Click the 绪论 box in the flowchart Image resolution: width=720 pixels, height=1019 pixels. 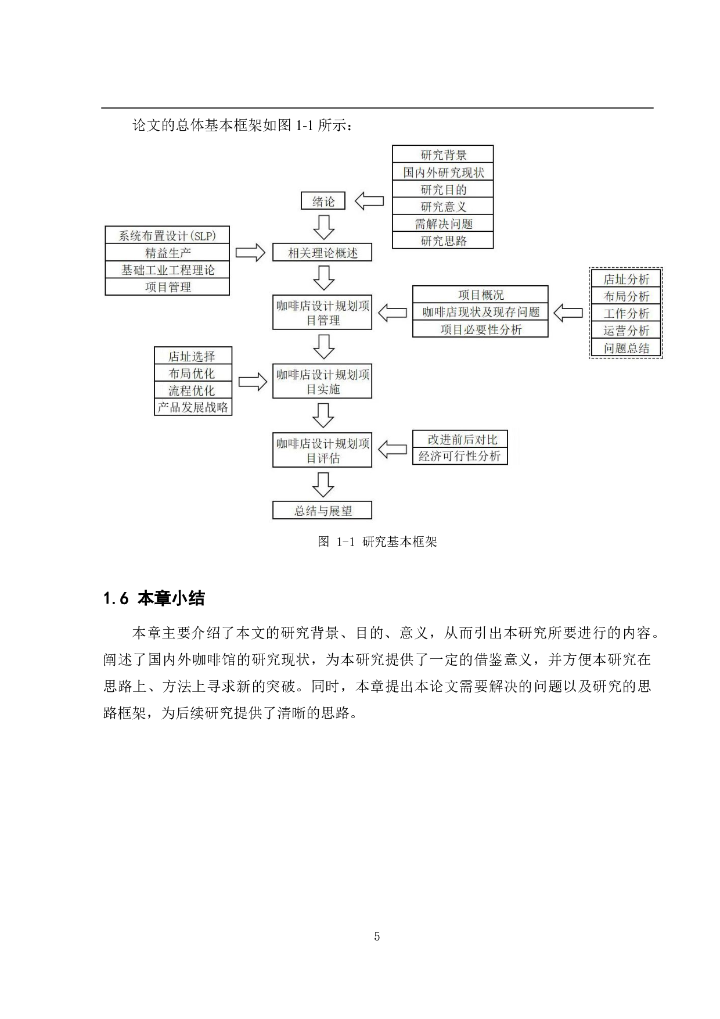click(x=323, y=201)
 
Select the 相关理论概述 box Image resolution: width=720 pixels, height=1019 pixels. click(x=322, y=253)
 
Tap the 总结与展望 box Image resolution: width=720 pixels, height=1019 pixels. click(x=322, y=511)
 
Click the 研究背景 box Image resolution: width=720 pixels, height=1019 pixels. click(x=443, y=155)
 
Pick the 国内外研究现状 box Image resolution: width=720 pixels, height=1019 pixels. click(x=443, y=172)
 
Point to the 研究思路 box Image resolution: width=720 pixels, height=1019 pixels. click(x=443, y=241)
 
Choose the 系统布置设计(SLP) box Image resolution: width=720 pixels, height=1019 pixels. click(x=167, y=235)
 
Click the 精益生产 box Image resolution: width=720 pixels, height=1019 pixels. click(x=167, y=253)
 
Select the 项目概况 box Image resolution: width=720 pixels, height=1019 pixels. click(x=480, y=295)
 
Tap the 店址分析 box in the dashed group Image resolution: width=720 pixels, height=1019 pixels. click(x=626, y=279)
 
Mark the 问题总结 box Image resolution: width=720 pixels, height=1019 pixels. click(x=626, y=348)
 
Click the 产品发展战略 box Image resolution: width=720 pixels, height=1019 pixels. click(x=193, y=407)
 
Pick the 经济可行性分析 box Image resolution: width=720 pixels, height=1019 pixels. click(x=459, y=456)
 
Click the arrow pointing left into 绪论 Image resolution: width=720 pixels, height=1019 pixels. click(x=369, y=202)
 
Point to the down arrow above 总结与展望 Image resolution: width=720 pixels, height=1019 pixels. click(x=323, y=484)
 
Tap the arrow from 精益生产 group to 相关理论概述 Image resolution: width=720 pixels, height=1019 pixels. click(x=250, y=253)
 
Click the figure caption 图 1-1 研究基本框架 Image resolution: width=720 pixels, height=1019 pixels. click(x=377, y=542)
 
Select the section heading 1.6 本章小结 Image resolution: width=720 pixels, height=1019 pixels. click(x=154, y=598)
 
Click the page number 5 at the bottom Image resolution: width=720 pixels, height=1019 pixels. click(x=377, y=936)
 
